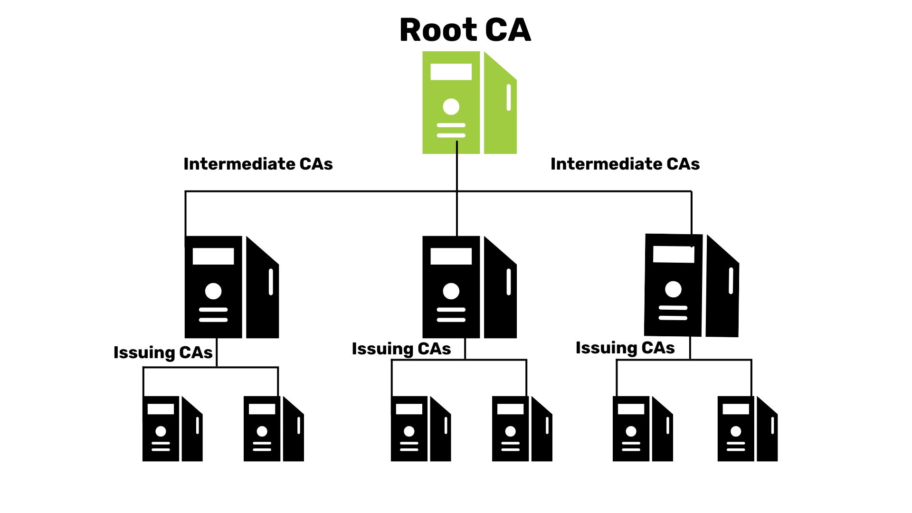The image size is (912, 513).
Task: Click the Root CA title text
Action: click(465, 30)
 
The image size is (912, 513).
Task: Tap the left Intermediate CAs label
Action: click(258, 164)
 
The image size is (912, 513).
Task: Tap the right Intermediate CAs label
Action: click(625, 164)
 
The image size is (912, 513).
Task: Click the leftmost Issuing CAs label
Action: click(163, 352)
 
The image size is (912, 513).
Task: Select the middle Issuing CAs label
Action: click(401, 349)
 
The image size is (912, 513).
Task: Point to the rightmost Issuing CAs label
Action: click(625, 348)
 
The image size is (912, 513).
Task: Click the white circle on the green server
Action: click(451, 106)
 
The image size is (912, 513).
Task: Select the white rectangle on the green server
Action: click(451, 72)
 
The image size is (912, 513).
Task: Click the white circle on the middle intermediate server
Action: click(451, 291)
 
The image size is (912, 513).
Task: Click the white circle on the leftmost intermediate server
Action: click(213, 291)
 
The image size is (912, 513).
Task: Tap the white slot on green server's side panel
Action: click(509, 97)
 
